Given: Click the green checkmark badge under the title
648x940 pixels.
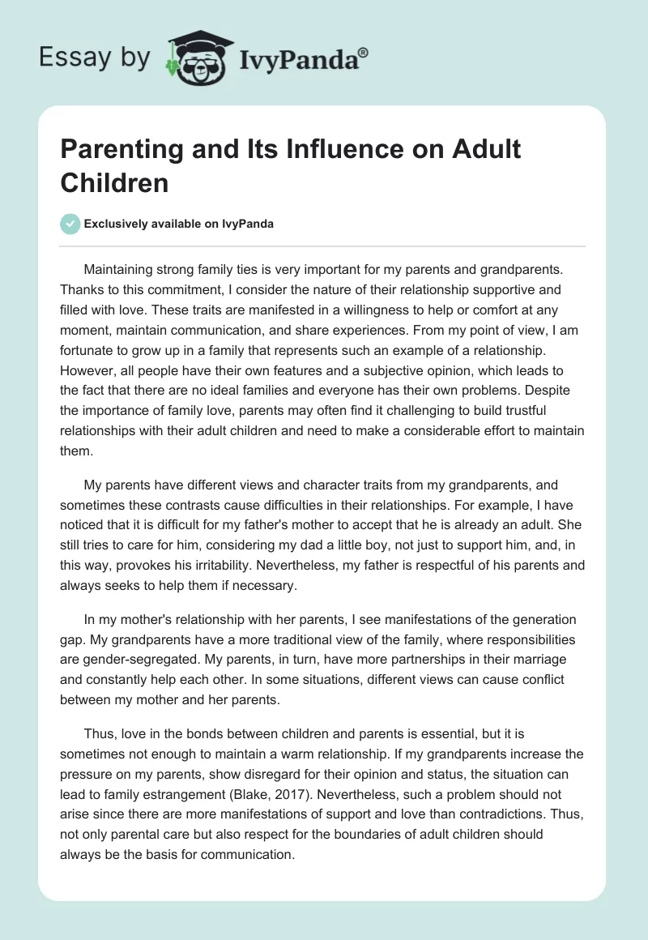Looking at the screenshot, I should click(71, 224).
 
